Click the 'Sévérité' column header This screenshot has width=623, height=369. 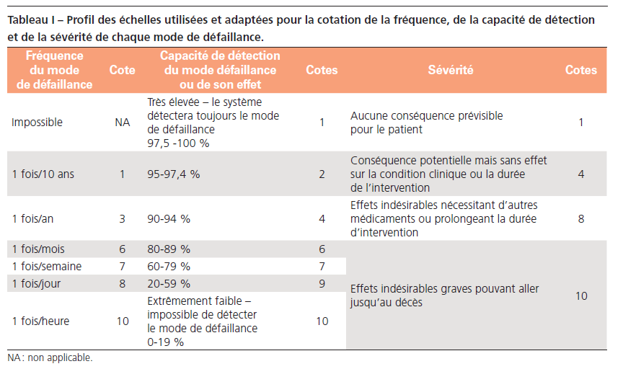coord(450,70)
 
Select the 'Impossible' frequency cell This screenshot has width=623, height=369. coord(37,123)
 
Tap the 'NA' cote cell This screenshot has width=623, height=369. coord(122,123)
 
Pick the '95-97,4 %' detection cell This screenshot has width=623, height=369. coord(174,174)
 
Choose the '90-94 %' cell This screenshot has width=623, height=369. coord(169,218)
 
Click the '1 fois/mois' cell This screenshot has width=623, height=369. coord(38,249)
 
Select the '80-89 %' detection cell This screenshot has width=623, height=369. coord(169,249)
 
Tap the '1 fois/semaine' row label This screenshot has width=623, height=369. coord(46,267)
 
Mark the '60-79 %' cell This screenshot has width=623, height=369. coord(169,267)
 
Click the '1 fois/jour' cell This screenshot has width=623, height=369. coord(36,284)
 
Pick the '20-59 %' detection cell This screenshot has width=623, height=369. coord(169,284)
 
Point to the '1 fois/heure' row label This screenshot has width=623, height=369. coord(40,321)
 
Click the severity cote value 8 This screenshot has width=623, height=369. coord(580,218)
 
